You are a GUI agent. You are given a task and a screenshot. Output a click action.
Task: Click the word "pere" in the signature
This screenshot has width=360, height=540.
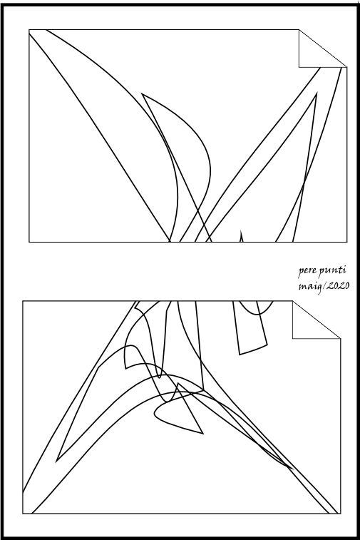click(x=307, y=271)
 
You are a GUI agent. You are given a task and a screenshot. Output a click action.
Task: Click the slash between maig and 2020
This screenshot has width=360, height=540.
click(x=323, y=287)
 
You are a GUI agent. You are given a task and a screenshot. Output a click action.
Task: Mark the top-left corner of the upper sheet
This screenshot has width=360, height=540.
click(x=29, y=30)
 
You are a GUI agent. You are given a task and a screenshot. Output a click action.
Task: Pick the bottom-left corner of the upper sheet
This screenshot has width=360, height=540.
click(x=29, y=242)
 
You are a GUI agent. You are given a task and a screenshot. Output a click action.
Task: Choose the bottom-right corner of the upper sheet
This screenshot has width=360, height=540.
click(x=347, y=242)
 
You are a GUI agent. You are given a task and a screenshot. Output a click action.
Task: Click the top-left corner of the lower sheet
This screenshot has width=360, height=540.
click(x=23, y=301)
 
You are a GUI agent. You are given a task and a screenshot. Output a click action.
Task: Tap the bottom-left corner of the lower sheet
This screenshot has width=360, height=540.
click(x=23, y=514)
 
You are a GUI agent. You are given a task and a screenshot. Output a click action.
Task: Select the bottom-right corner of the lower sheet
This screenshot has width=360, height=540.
click(x=340, y=514)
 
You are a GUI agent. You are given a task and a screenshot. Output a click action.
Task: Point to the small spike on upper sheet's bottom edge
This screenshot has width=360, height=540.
click(x=241, y=230)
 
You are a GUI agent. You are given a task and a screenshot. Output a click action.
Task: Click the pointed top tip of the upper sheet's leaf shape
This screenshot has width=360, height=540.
click(x=142, y=93)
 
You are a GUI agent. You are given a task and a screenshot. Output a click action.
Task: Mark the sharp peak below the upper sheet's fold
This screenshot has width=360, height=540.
click(x=317, y=93)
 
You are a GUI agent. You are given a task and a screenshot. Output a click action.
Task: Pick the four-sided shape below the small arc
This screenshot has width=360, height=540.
click(x=250, y=330)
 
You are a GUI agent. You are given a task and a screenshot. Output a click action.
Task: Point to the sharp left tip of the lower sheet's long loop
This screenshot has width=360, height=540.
click(x=57, y=461)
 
